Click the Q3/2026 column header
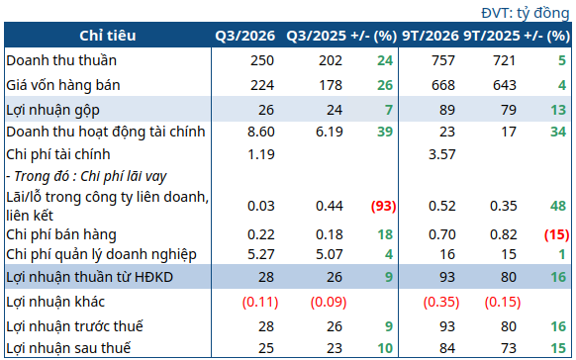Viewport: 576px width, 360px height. click(245, 36)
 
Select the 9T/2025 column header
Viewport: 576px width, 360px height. click(492, 36)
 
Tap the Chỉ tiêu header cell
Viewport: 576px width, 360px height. click(108, 36)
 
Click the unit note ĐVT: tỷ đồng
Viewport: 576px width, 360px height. click(525, 13)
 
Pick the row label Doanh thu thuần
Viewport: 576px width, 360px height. click(61, 60)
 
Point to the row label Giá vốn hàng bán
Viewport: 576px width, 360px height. click(63, 85)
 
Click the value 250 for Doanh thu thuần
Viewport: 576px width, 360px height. click(262, 60)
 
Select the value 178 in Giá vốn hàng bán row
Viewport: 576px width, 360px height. click(331, 85)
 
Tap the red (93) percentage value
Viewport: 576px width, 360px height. click(384, 206)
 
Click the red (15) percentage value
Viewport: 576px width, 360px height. click(556, 234)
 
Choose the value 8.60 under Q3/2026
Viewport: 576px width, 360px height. click(261, 132)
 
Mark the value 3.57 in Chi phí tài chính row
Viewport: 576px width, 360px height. click(442, 154)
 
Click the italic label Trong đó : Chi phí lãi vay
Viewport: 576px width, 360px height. click(86, 176)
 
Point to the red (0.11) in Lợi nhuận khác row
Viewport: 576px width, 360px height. click(260, 302)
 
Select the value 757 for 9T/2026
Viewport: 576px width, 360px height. click(443, 60)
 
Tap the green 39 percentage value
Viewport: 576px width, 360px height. click(385, 132)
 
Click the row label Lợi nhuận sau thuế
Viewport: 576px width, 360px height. click(68, 348)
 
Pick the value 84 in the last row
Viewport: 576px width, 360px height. click(447, 348)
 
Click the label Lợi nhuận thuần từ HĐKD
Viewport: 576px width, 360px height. click(90, 277)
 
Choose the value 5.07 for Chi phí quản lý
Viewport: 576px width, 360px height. click(330, 254)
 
